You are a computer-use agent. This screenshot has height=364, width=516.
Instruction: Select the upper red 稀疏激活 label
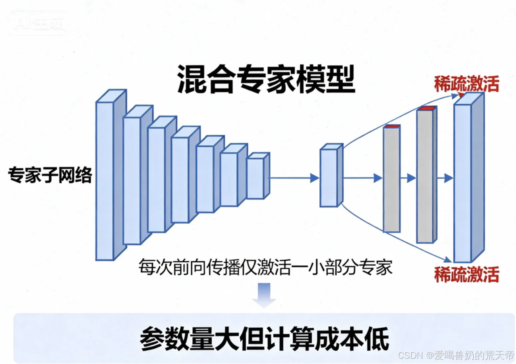466,84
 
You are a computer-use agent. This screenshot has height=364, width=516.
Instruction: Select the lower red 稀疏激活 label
466,274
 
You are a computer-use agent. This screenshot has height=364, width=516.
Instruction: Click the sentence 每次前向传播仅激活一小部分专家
265,267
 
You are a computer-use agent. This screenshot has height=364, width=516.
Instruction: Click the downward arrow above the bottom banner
264,295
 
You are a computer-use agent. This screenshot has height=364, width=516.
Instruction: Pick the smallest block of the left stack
255,178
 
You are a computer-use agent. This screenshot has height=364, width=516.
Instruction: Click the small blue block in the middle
329,178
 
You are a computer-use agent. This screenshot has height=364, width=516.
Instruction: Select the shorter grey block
391,180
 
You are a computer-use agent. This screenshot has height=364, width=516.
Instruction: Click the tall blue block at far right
463,184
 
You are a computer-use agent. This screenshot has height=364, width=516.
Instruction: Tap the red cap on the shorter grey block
392,126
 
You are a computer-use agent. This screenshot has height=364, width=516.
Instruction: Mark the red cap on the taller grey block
426,108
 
